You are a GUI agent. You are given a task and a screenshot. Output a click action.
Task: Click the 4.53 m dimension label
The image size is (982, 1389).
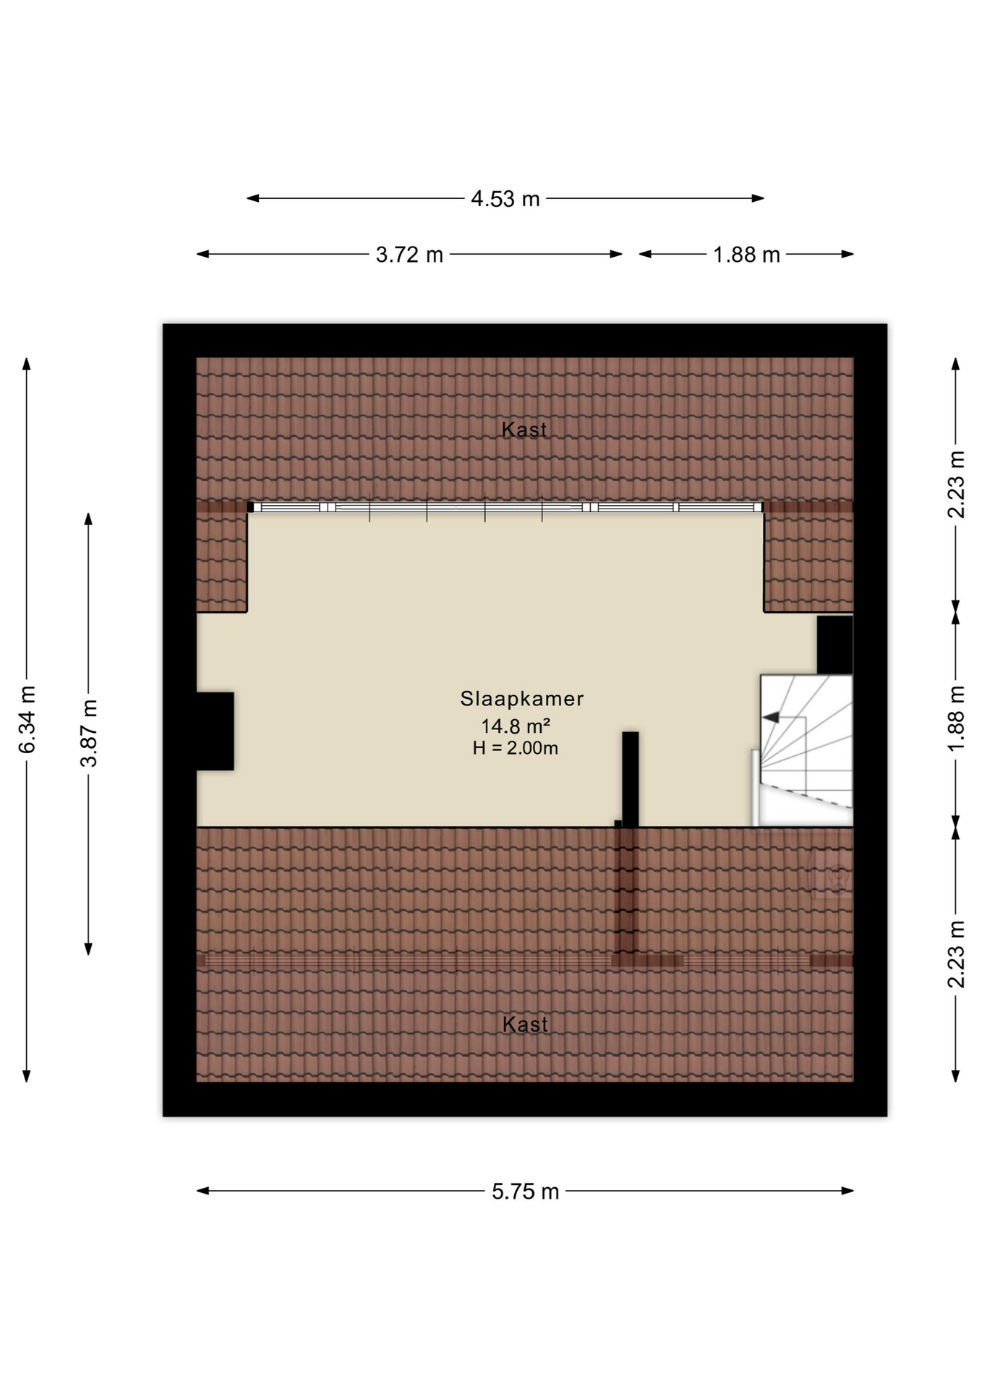(x=505, y=198)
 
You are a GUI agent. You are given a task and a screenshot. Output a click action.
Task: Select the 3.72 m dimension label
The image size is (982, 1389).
(x=409, y=255)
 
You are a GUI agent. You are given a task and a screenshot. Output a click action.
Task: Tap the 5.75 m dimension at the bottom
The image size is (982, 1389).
(x=526, y=1192)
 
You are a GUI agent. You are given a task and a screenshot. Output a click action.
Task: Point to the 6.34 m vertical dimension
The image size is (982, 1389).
(x=27, y=719)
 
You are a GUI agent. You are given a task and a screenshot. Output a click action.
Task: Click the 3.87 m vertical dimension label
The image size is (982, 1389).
(x=88, y=734)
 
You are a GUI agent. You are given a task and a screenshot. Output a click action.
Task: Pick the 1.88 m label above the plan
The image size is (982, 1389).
(x=746, y=255)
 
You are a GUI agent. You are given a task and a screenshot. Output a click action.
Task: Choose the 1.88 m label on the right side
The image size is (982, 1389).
(x=956, y=719)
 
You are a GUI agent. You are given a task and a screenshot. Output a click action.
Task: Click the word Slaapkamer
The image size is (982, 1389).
(x=522, y=699)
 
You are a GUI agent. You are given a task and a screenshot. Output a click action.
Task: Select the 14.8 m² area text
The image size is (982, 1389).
(x=516, y=726)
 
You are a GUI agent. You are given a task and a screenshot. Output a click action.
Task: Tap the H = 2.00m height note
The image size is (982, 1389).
(x=516, y=748)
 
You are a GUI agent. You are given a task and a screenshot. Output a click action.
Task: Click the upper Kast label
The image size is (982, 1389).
(x=524, y=430)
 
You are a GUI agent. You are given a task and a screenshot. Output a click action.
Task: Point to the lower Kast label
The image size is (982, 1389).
(x=525, y=1024)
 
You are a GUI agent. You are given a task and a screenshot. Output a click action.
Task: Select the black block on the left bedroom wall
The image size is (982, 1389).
(x=215, y=731)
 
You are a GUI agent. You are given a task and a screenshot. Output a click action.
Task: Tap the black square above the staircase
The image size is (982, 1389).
(x=835, y=645)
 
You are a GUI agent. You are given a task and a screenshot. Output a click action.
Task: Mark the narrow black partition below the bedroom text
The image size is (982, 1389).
(x=631, y=779)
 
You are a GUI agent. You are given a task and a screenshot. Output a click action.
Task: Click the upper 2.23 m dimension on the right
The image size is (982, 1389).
(x=956, y=485)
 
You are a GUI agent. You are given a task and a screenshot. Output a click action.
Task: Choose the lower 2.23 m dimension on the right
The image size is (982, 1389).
(x=956, y=954)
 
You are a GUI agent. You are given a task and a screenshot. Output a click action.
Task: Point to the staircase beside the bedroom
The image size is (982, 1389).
(x=803, y=750)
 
